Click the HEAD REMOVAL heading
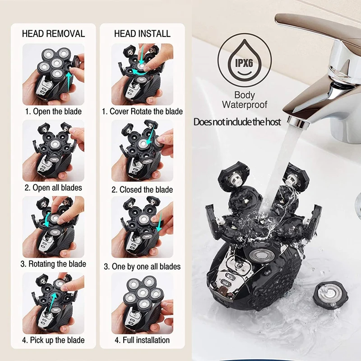(x=53, y=34)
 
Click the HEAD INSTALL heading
(x=142, y=34)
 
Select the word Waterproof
(x=245, y=105)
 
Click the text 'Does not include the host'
(x=237, y=122)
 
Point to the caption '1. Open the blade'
(x=53, y=111)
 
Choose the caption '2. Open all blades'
(x=53, y=187)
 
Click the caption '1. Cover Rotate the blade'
(x=142, y=111)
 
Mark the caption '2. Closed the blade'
(x=142, y=190)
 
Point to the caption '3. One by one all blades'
(x=142, y=266)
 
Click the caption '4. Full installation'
(x=142, y=340)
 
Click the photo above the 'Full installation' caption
(x=142, y=302)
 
